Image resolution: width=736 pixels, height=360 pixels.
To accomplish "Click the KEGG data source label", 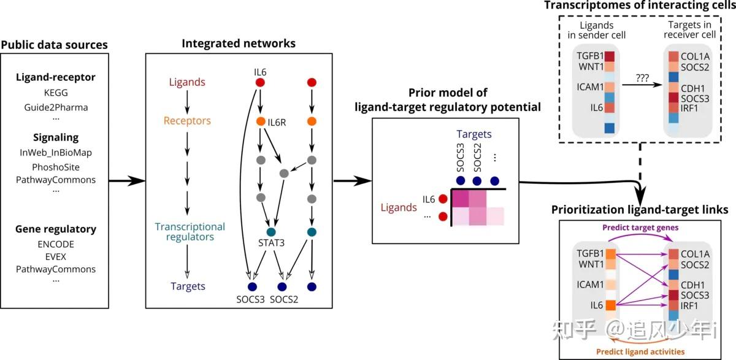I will pos(56,93).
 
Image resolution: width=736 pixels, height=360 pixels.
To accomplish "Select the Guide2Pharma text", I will pos(56,107).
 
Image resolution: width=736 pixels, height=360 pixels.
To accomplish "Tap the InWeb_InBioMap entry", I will pos(56,153).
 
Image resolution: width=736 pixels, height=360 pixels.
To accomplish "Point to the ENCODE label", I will pos(55,243).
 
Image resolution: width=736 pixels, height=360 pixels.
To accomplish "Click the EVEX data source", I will pos(55,256).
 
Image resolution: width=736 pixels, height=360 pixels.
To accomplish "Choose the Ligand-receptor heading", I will pos(56,78).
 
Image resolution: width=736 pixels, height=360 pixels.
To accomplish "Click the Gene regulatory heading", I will pos(56,229).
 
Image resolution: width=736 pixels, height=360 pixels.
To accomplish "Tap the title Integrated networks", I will pos(239,44).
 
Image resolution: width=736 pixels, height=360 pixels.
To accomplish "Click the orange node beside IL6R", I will pos(260,121).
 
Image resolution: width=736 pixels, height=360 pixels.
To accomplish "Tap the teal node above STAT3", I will pos(269,232).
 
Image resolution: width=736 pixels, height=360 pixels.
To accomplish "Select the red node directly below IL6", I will pos(259,82).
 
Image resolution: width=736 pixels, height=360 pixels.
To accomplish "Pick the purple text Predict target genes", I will pos(640,228).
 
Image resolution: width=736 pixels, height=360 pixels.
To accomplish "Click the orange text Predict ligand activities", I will pos(640,351).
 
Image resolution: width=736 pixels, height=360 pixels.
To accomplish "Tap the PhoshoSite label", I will pos(56,166).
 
